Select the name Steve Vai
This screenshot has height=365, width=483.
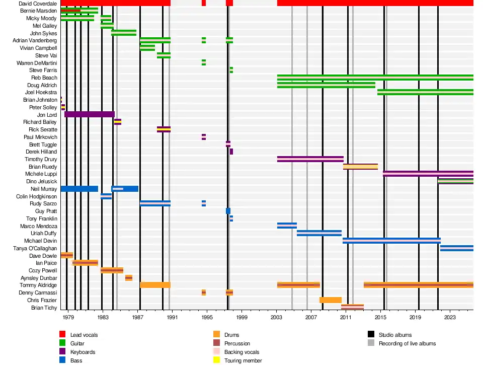[46, 55]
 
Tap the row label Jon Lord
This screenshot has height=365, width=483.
[47, 115]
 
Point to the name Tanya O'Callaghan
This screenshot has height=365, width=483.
[35, 248]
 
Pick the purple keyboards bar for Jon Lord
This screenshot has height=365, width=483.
[89, 114]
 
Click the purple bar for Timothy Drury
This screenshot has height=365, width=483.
[310, 159]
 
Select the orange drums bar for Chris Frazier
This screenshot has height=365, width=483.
[330, 300]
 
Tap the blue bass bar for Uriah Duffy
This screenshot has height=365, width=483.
[319, 233]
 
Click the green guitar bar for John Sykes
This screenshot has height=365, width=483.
[123, 33]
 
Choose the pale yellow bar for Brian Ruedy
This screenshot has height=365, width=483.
[360, 167]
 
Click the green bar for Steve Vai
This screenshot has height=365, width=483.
[164, 55]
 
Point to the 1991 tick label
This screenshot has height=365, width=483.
[172, 318]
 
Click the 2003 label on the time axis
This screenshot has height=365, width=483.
[277, 318]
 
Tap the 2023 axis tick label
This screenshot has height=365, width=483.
[450, 318]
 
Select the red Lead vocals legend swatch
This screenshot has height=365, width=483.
[62, 334]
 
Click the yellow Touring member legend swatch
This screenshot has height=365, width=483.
[216, 360]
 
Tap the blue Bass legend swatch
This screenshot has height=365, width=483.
[62, 360]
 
